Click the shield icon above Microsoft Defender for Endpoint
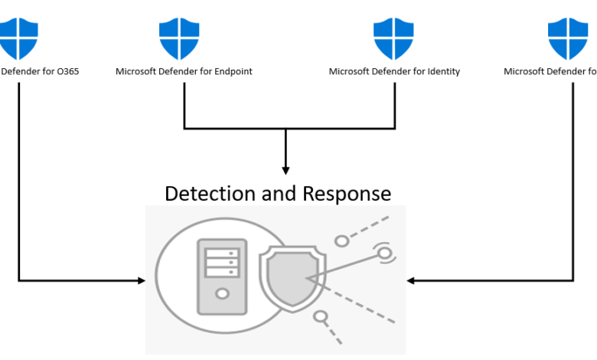179,38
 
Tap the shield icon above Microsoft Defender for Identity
393,38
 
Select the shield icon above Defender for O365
18,38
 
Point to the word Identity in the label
444,72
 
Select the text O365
67,72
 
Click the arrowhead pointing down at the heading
285,170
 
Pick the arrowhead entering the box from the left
142,281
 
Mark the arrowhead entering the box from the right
410,281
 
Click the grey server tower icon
222,277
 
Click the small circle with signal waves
383,252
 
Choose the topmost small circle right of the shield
342,241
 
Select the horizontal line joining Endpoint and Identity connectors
289,128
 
